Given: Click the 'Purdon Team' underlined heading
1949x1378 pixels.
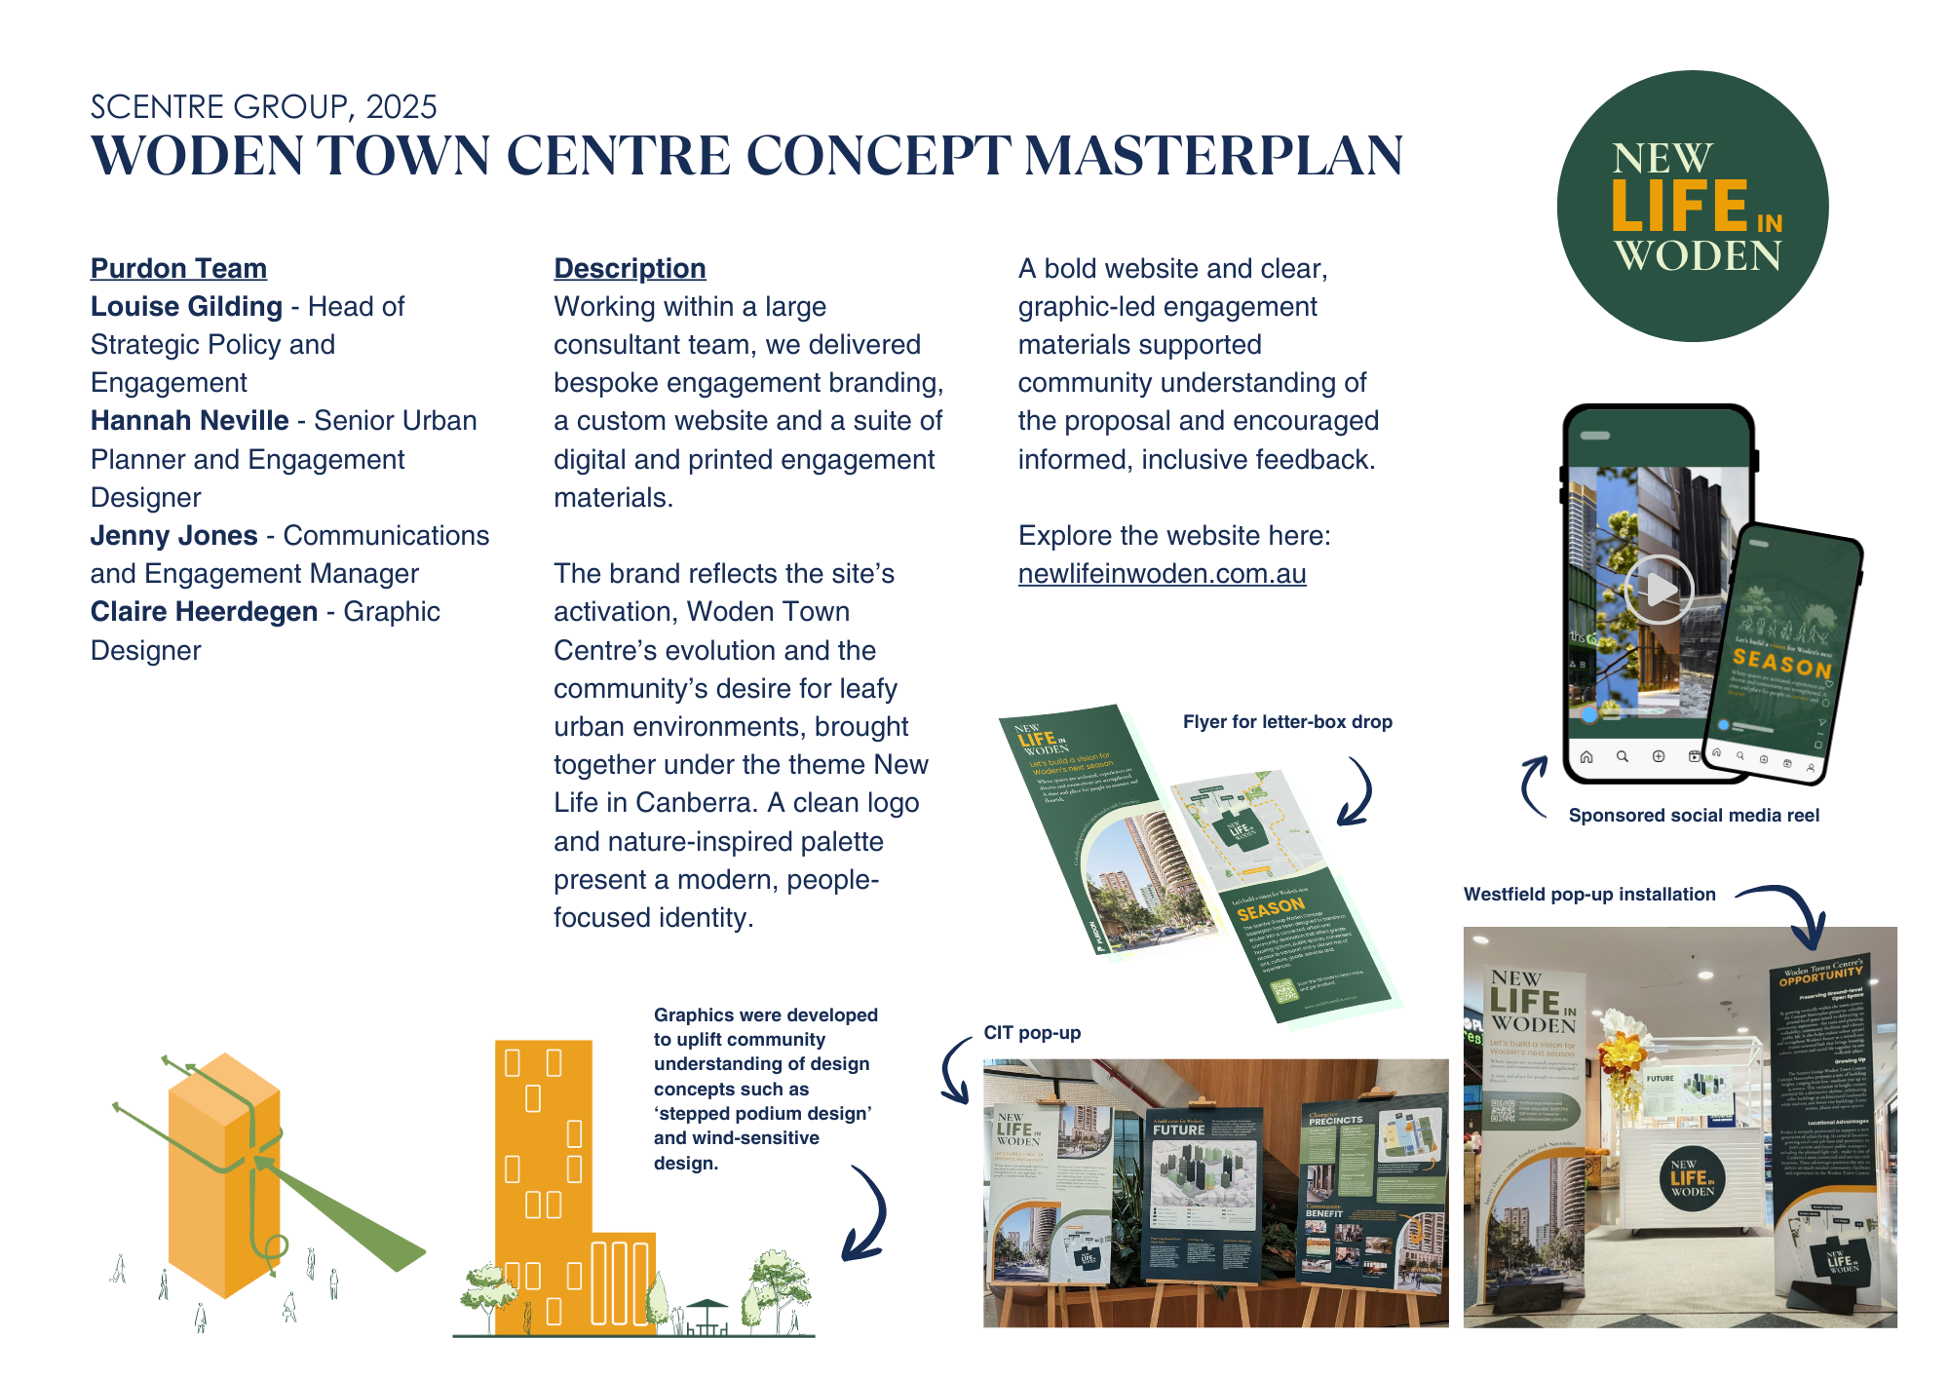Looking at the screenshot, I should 178,268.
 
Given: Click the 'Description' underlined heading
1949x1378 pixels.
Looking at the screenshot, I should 630,268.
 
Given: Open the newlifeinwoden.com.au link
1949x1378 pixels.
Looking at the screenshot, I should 1162,574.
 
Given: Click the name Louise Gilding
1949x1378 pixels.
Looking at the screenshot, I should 186,307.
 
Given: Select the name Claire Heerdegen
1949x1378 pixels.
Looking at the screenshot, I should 204,612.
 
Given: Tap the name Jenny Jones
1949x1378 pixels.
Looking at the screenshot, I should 173,536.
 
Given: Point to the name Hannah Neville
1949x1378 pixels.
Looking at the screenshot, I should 189,421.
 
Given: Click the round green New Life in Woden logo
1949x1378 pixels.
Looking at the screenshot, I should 1692,207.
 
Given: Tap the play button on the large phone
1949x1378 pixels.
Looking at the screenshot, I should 1659,589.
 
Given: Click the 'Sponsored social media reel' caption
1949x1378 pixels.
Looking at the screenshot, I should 1694,816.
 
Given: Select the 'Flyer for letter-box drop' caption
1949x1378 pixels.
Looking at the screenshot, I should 1286,722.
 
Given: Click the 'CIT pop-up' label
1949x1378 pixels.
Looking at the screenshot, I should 1032,1033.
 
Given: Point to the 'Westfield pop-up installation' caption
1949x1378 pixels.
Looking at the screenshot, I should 1589,895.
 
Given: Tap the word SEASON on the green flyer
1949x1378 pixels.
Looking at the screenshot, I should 1270,909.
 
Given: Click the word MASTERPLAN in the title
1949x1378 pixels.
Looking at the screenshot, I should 1213,156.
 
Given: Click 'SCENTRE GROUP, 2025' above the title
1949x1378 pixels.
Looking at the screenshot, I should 263,106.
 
